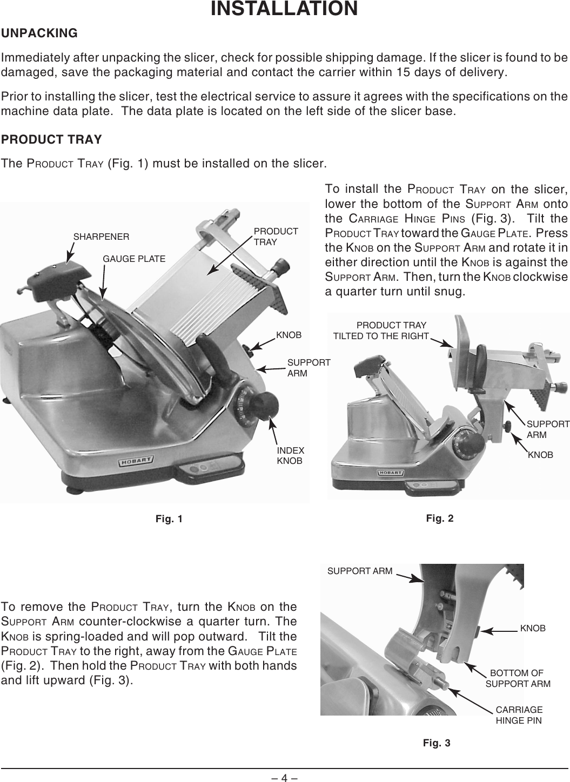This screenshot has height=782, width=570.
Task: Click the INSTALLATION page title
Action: coord(284,9)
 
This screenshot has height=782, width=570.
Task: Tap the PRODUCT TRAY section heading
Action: coord(51,139)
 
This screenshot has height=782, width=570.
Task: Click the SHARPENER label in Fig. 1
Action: coord(101,237)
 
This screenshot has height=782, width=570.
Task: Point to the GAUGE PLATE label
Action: coord(134,259)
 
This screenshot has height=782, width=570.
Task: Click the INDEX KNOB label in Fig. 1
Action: coord(290,456)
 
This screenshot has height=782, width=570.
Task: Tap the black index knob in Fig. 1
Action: coord(266,404)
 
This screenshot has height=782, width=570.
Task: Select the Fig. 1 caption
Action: coord(169,519)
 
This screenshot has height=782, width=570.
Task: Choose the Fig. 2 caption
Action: coord(440,518)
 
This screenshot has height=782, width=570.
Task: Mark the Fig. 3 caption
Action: coord(437,743)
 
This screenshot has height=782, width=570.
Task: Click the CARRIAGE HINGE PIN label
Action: coord(519,715)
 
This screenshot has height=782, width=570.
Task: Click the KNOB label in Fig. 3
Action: coord(533,629)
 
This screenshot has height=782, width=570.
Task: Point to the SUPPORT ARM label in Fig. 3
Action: coord(360,570)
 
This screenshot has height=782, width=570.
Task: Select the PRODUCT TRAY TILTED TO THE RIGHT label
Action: coord(380,331)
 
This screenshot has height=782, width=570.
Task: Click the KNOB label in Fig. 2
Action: coord(540,455)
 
